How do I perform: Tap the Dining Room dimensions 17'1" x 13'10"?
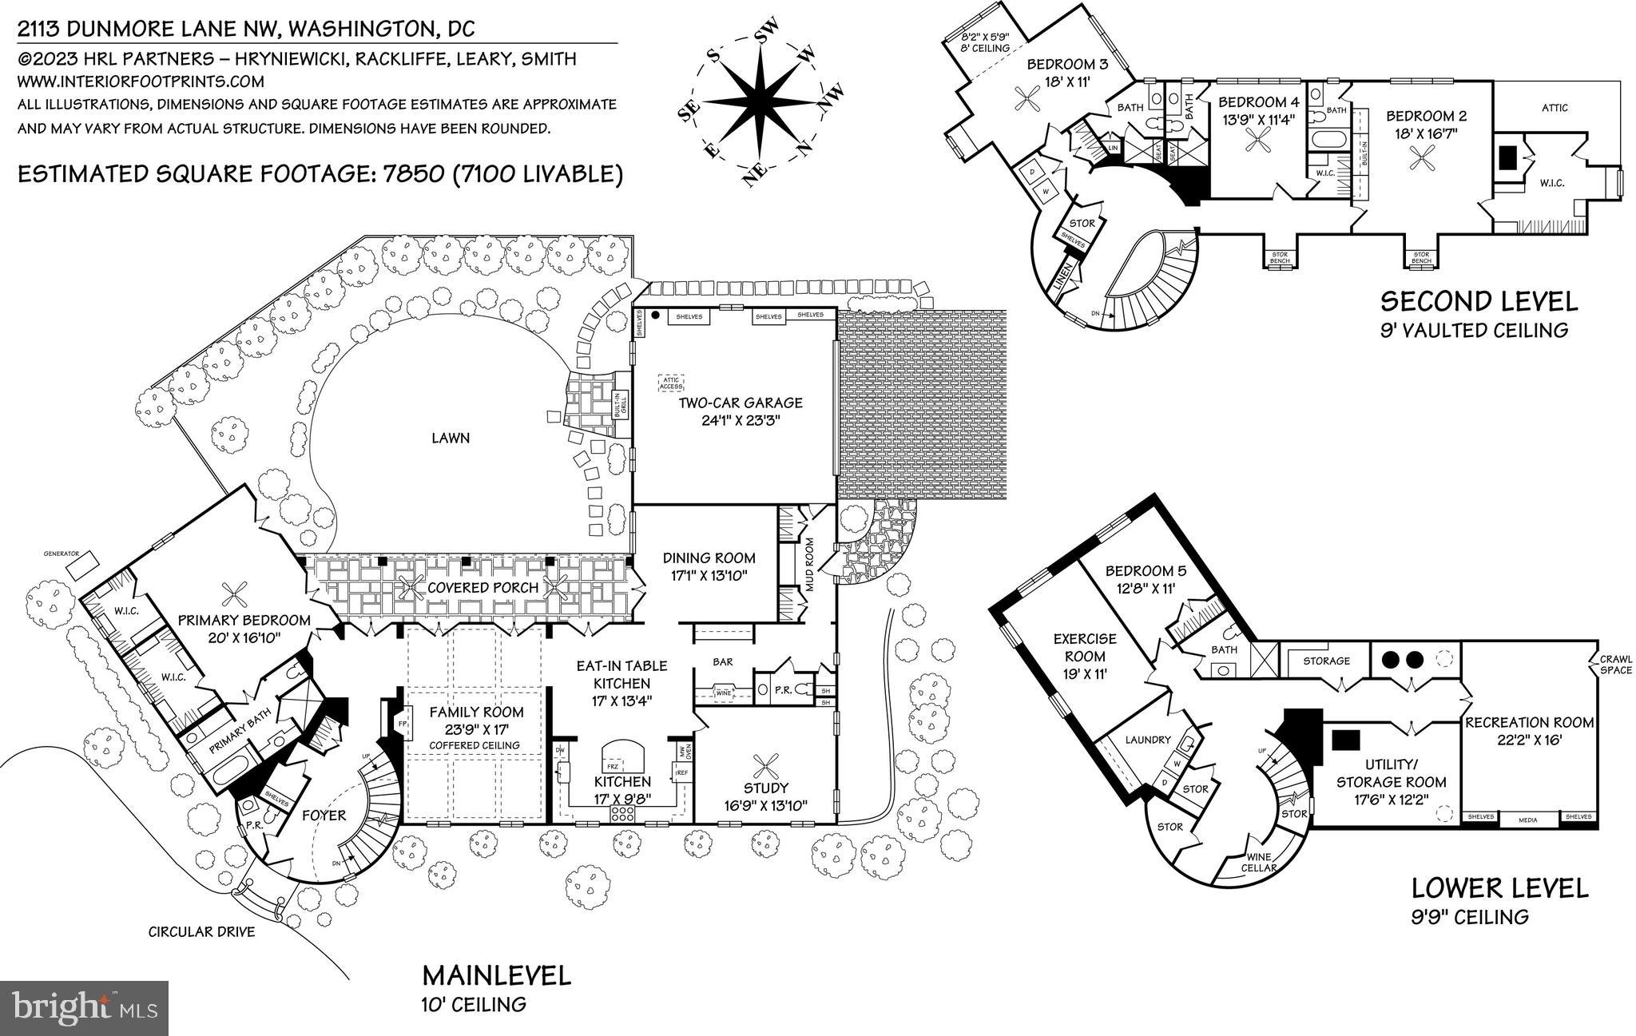pos(709,574)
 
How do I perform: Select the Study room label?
pos(766,788)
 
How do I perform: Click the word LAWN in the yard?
pos(451,438)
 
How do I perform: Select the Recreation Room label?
pos(1529,723)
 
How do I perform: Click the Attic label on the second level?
pos(1555,108)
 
